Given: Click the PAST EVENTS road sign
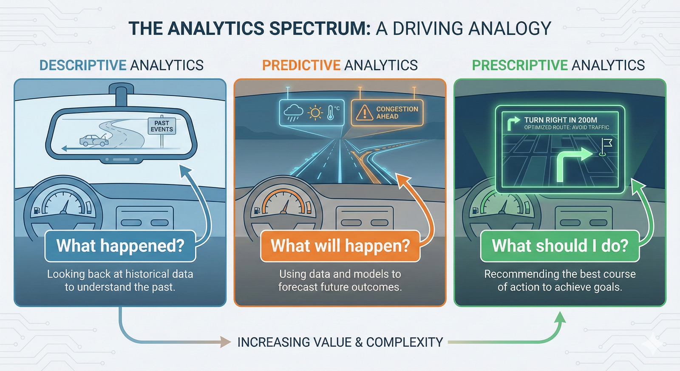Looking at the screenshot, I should [x=161, y=126].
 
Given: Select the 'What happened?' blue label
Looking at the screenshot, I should [x=120, y=246].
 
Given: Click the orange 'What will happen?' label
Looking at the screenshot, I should [x=340, y=246].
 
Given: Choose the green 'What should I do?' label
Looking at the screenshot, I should [x=560, y=246].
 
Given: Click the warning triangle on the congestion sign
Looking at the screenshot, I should [x=364, y=113].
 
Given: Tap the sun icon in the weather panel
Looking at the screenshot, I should [x=315, y=113].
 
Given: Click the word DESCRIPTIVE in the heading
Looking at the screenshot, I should [x=83, y=65].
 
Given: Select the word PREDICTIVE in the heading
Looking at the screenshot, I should [x=301, y=65].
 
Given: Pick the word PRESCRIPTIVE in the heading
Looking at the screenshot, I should [x=520, y=65].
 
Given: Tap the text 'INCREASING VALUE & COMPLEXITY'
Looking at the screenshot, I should [x=340, y=342].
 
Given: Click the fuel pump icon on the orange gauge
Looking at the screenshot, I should [x=257, y=210].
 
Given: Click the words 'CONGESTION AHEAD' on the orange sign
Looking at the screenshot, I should [x=397, y=113].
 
